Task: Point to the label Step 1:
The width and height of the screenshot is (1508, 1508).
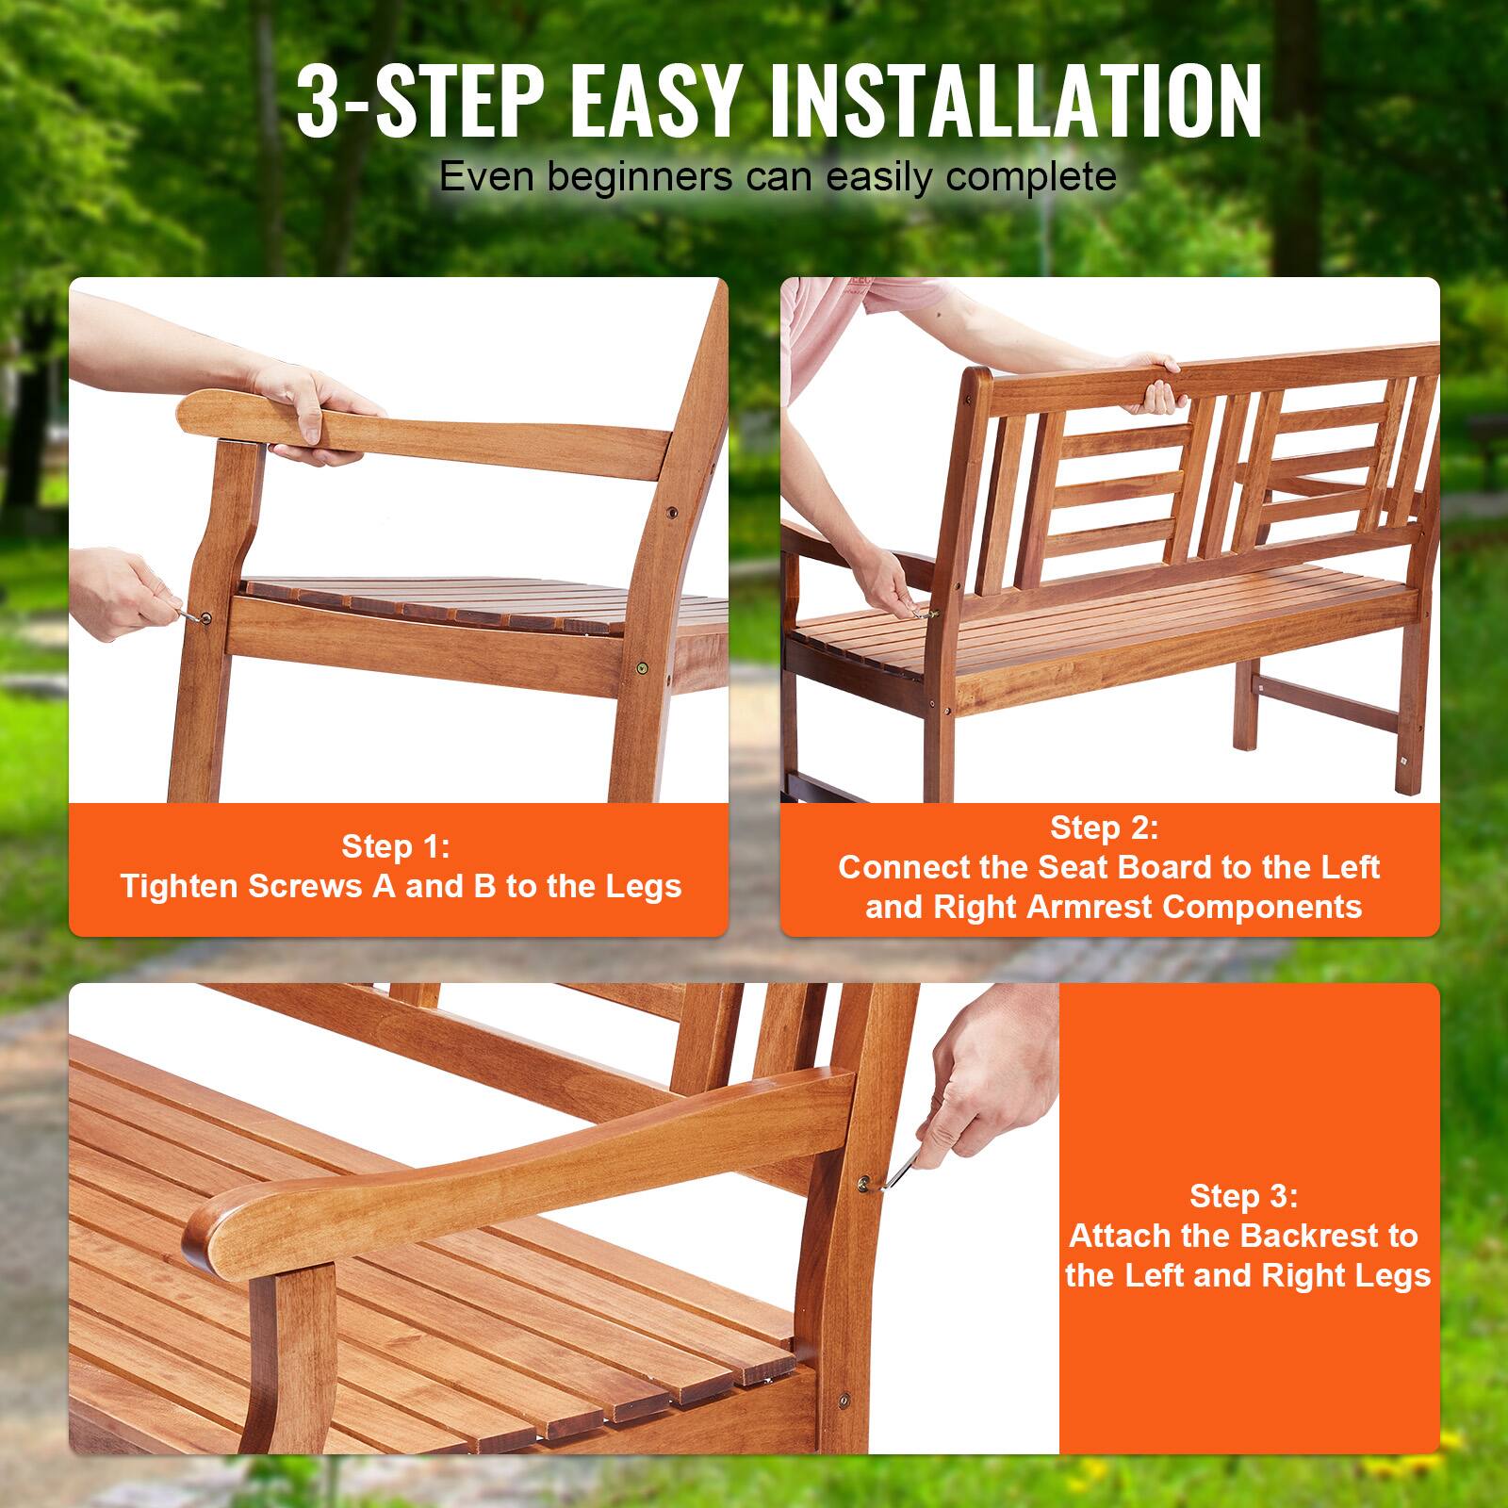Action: tap(396, 846)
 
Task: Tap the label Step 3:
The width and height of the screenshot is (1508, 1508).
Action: tap(1243, 1196)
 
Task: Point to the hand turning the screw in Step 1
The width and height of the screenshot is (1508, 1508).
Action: tap(132, 594)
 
